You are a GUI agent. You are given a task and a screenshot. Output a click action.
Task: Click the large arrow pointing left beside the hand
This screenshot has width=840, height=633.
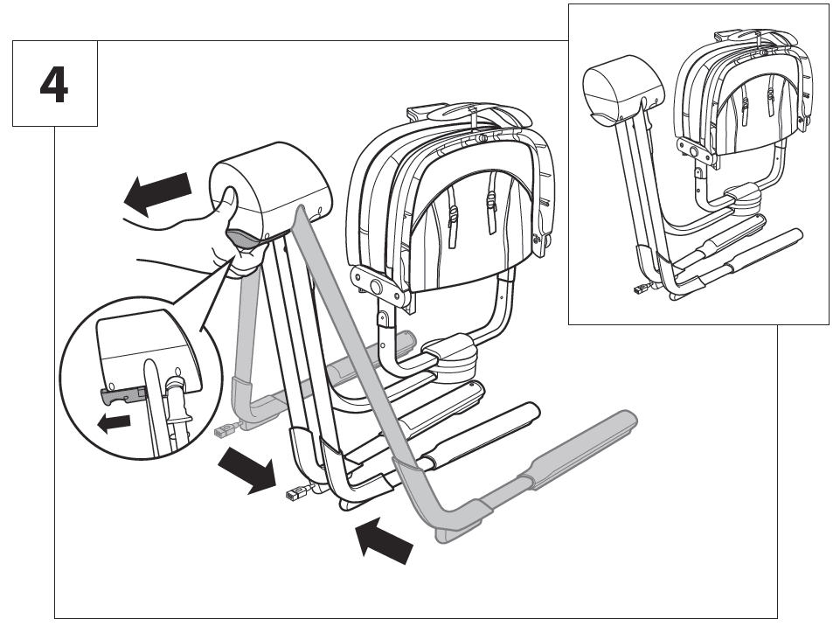pos(158,193)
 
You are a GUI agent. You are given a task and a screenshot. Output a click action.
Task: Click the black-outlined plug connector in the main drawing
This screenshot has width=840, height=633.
pos(295,495)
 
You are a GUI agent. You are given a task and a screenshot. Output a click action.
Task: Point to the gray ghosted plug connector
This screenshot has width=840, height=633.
pos(225,430)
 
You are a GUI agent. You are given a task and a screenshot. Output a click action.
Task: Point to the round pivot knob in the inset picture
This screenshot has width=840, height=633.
pos(694,150)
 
